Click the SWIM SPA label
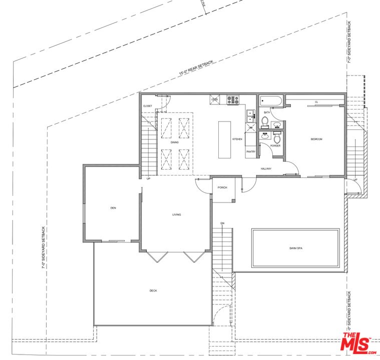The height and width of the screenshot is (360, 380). [x=295, y=248]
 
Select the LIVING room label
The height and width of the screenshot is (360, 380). [x=176, y=214]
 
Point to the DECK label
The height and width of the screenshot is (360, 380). [x=153, y=290]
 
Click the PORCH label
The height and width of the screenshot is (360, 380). [x=222, y=187]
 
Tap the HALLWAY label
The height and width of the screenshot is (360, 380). [x=266, y=169]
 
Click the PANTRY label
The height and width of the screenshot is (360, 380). [x=250, y=151]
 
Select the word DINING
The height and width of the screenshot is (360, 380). [x=174, y=142]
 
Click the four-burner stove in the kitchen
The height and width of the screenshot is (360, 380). [x=233, y=99]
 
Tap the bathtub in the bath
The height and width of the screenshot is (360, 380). [x=271, y=100]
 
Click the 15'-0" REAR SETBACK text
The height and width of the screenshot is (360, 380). [x=196, y=68]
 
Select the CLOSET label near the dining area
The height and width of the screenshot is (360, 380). [x=148, y=106]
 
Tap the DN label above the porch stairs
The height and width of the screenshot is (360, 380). [x=222, y=223]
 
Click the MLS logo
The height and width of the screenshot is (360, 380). [x=358, y=343]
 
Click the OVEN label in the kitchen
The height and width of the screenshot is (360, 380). [x=214, y=99]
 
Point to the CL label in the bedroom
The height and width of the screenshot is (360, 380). [x=316, y=102]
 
